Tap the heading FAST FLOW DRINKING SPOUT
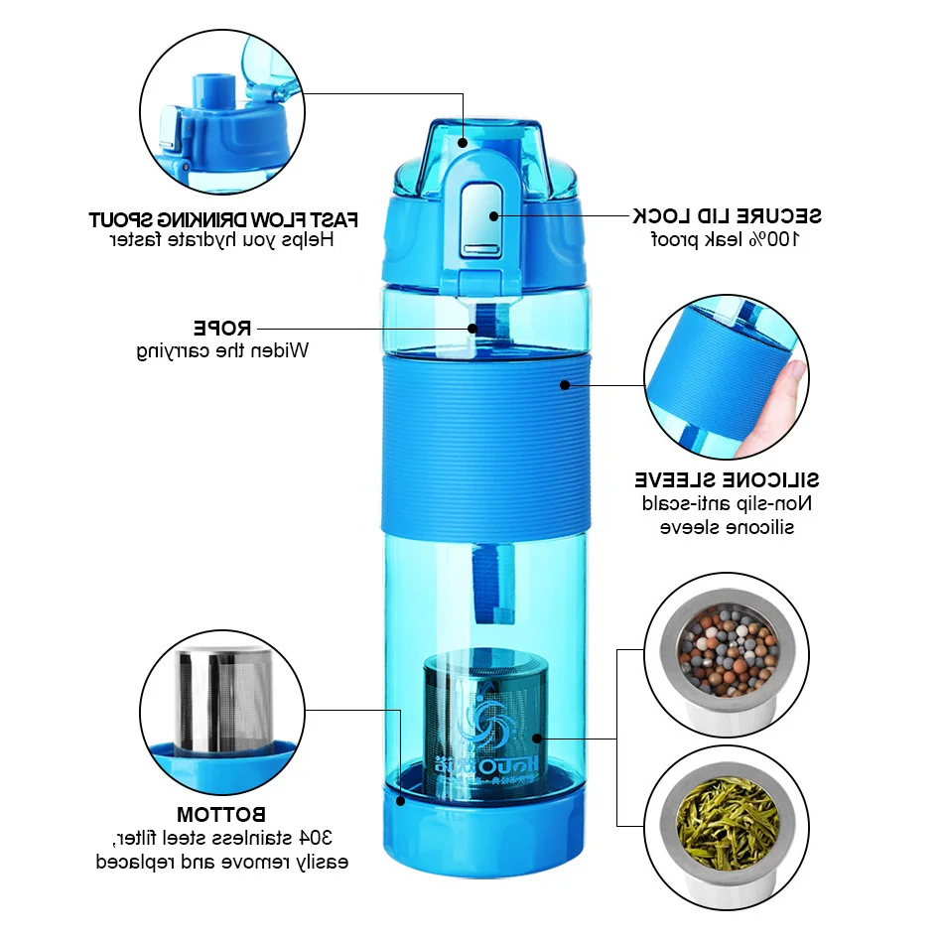(x=223, y=218)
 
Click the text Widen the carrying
(x=223, y=349)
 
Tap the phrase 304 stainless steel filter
(x=222, y=838)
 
